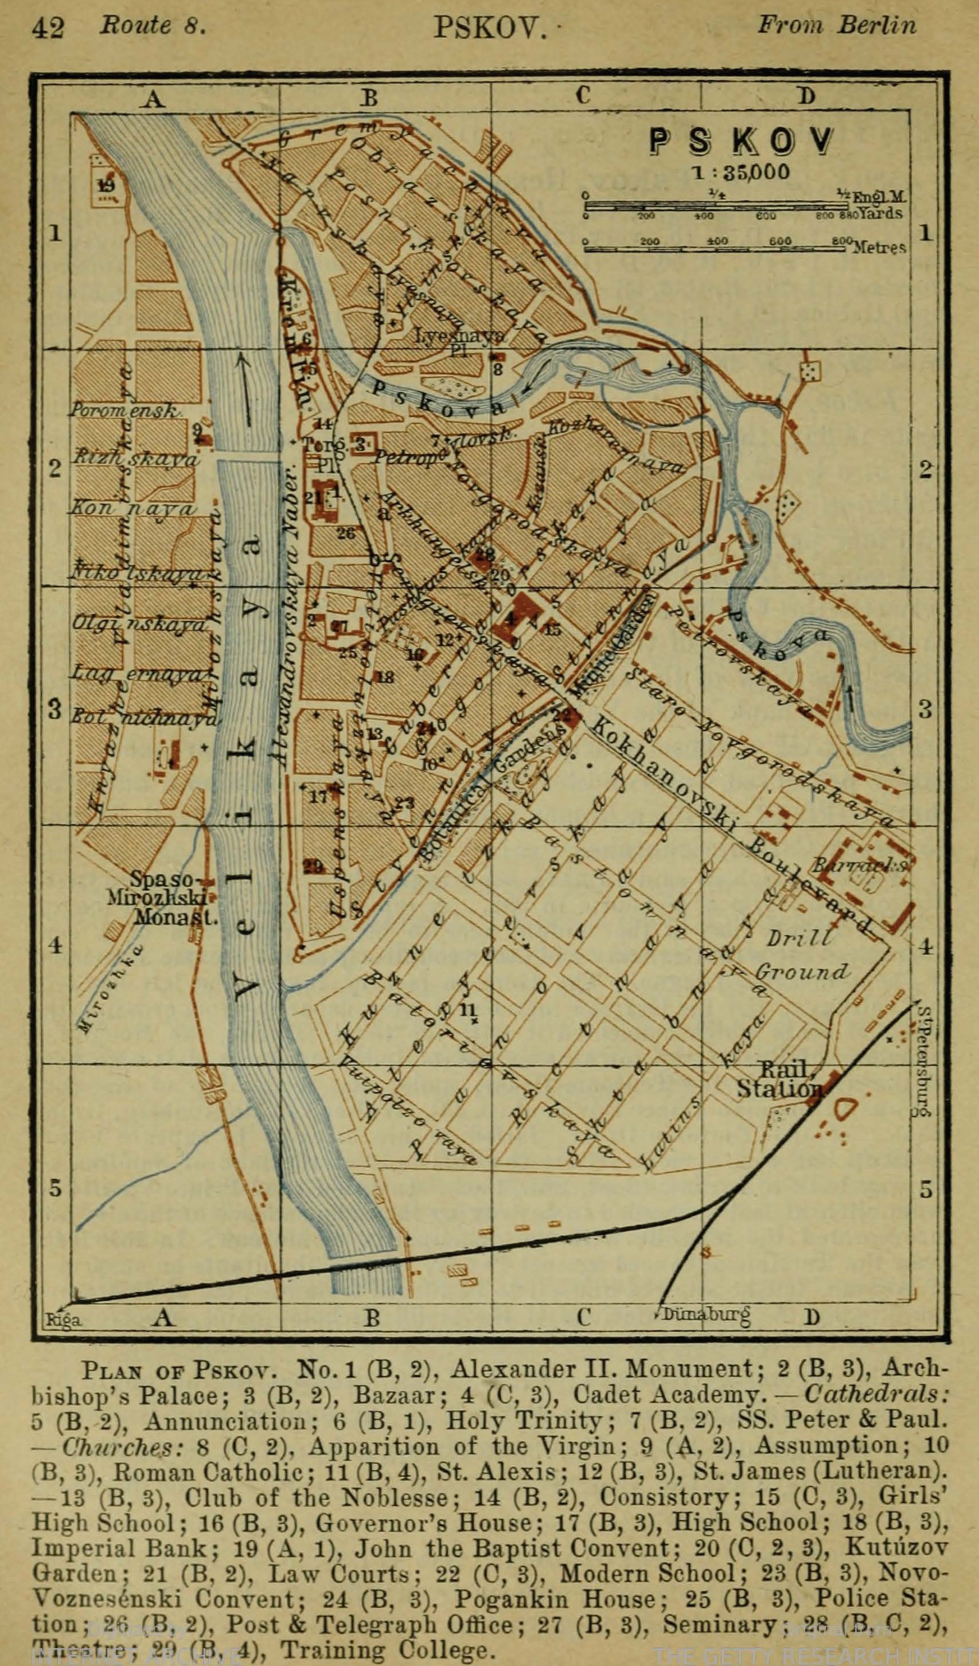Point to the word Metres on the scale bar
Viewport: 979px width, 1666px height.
pos(879,248)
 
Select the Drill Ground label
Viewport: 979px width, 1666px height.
pos(801,955)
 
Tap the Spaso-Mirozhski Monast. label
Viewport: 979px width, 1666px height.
pos(163,898)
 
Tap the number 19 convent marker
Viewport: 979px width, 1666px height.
pos(106,185)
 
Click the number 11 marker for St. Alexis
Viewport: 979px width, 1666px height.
pos(469,1009)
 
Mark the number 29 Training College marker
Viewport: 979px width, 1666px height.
pos(314,867)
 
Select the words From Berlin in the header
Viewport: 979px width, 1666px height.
pos(836,25)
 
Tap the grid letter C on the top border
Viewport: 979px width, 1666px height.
pos(582,96)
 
